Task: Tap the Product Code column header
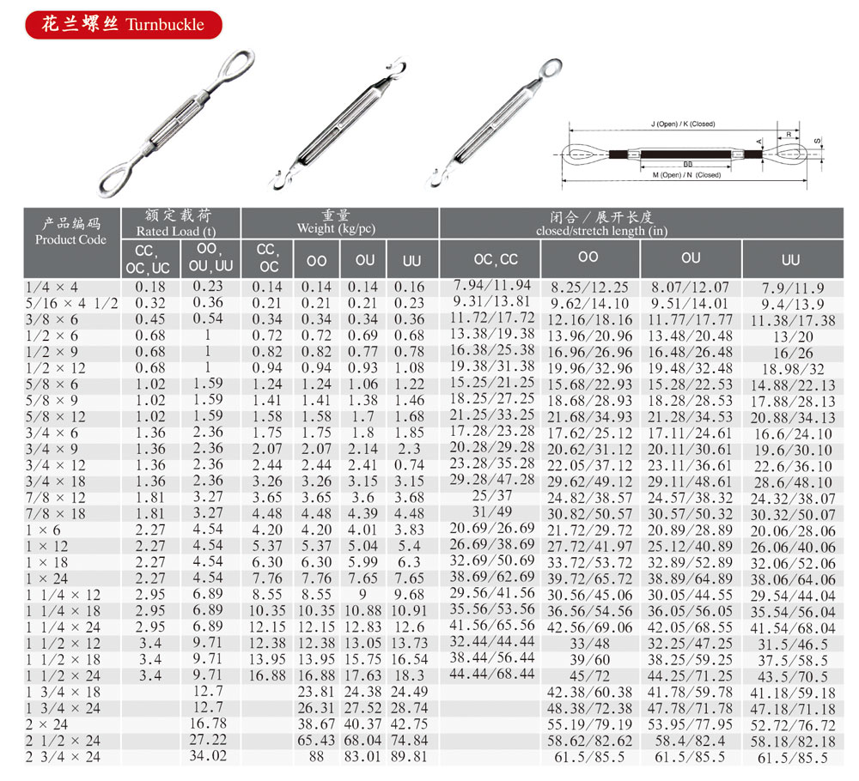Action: click(71, 239)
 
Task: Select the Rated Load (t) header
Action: click(180, 230)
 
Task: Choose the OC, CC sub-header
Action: click(496, 259)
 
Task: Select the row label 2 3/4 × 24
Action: click(64, 757)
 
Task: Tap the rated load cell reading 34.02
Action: click(210, 756)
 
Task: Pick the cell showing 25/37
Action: click(490, 496)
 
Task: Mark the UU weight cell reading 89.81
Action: click(408, 756)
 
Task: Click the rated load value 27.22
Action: click(210, 740)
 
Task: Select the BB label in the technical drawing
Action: click(688, 162)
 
